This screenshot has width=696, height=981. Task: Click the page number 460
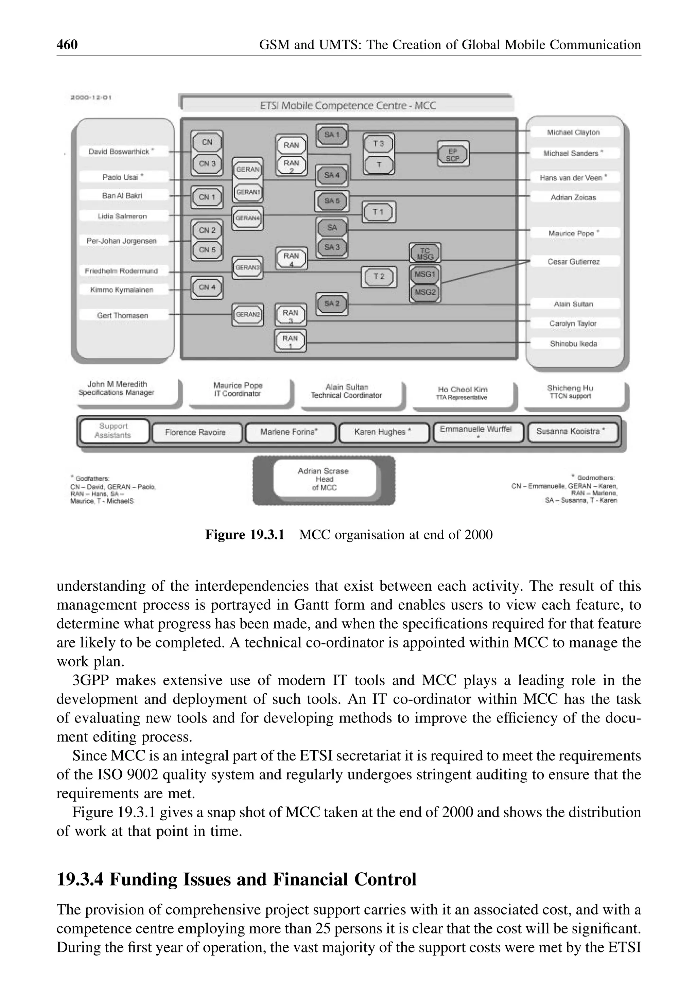pyautogui.click(x=67, y=44)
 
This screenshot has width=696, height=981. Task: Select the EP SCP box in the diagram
pyautogui.click(x=453, y=154)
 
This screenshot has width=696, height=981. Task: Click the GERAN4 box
pyautogui.click(x=248, y=218)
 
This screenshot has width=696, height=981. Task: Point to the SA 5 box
pyautogui.click(x=332, y=200)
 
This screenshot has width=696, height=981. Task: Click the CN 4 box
pyautogui.click(x=207, y=287)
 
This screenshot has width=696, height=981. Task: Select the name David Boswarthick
pyautogui.click(x=121, y=151)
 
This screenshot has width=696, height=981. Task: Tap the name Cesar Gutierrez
pyautogui.click(x=573, y=261)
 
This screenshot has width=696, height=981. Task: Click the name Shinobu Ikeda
pyautogui.click(x=573, y=343)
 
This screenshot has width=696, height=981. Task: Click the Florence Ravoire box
pyautogui.click(x=195, y=432)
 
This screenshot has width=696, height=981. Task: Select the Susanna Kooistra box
pyautogui.click(x=571, y=431)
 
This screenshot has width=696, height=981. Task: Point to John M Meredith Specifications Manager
pyautogui.click(x=117, y=388)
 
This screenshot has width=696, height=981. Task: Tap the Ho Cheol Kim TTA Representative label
pyautogui.click(x=463, y=393)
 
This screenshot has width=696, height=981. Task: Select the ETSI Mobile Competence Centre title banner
pyautogui.click(x=348, y=105)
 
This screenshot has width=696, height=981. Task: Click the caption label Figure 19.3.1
pyautogui.click(x=244, y=535)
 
